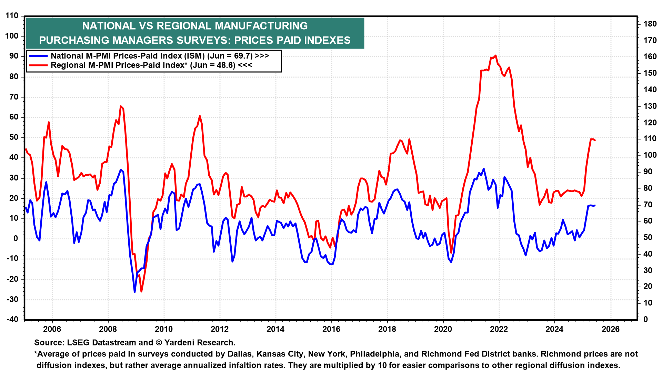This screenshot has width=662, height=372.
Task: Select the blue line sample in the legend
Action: coord(38,56)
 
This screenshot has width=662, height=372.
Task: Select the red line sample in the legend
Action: coord(38,65)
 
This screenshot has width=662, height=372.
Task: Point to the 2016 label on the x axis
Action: coord(331,329)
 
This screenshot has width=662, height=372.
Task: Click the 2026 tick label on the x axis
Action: coord(611,329)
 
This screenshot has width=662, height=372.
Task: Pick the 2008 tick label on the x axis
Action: coord(108,329)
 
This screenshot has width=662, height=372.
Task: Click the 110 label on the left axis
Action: coord(12,16)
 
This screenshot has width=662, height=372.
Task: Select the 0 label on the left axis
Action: coord(16,238)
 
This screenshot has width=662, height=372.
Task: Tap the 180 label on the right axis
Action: coord(650,24)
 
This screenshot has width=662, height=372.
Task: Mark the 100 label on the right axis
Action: coord(650,155)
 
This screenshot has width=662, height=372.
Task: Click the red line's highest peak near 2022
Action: coord(495,55)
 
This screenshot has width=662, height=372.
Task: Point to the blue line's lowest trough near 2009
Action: coord(134,292)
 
